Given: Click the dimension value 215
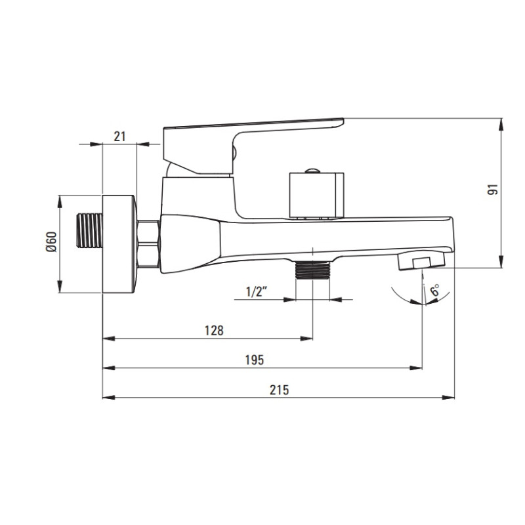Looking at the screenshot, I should point(279,388).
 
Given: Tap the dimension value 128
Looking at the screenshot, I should point(214,330).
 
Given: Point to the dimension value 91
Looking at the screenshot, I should point(494,189).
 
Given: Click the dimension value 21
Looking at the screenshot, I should point(119,136).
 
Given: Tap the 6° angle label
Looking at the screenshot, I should point(434,291).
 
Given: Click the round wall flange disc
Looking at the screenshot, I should point(119,243).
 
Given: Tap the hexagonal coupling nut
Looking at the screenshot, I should point(148,243).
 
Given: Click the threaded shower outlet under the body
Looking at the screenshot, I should point(313,269).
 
